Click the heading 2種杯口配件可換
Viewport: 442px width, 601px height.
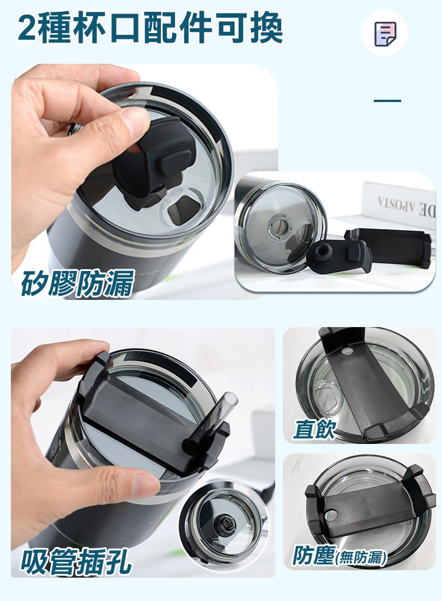point(150,28)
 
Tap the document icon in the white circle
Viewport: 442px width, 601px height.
point(385,34)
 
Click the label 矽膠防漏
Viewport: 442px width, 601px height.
point(77,283)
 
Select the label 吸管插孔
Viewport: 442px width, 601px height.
point(76,561)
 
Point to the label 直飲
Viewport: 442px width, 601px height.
point(314,429)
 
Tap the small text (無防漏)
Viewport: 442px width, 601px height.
point(361,557)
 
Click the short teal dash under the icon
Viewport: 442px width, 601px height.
point(387,101)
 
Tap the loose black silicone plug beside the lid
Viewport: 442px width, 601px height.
point(339,256)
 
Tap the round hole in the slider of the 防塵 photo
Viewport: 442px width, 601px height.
point(331,515)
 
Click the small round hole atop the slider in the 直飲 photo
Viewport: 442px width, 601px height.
point(348,351)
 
